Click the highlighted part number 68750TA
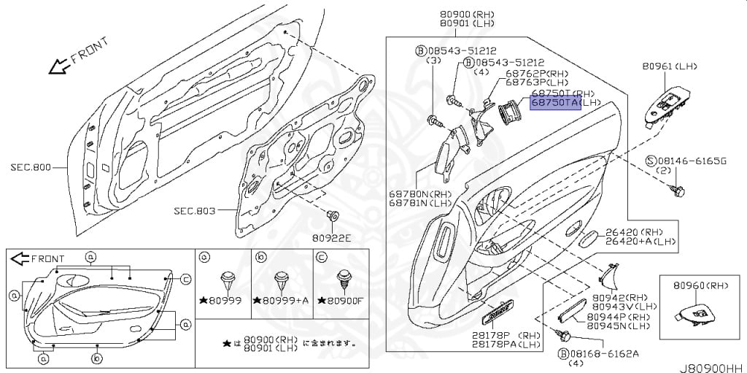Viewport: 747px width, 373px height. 555,104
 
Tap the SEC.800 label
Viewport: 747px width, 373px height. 31,167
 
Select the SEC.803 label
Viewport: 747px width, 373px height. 195,211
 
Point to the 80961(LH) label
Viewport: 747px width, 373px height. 670,66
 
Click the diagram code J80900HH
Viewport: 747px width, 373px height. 713,366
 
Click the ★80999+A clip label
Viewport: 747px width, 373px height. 282,301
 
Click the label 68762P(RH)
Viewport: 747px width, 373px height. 535,73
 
